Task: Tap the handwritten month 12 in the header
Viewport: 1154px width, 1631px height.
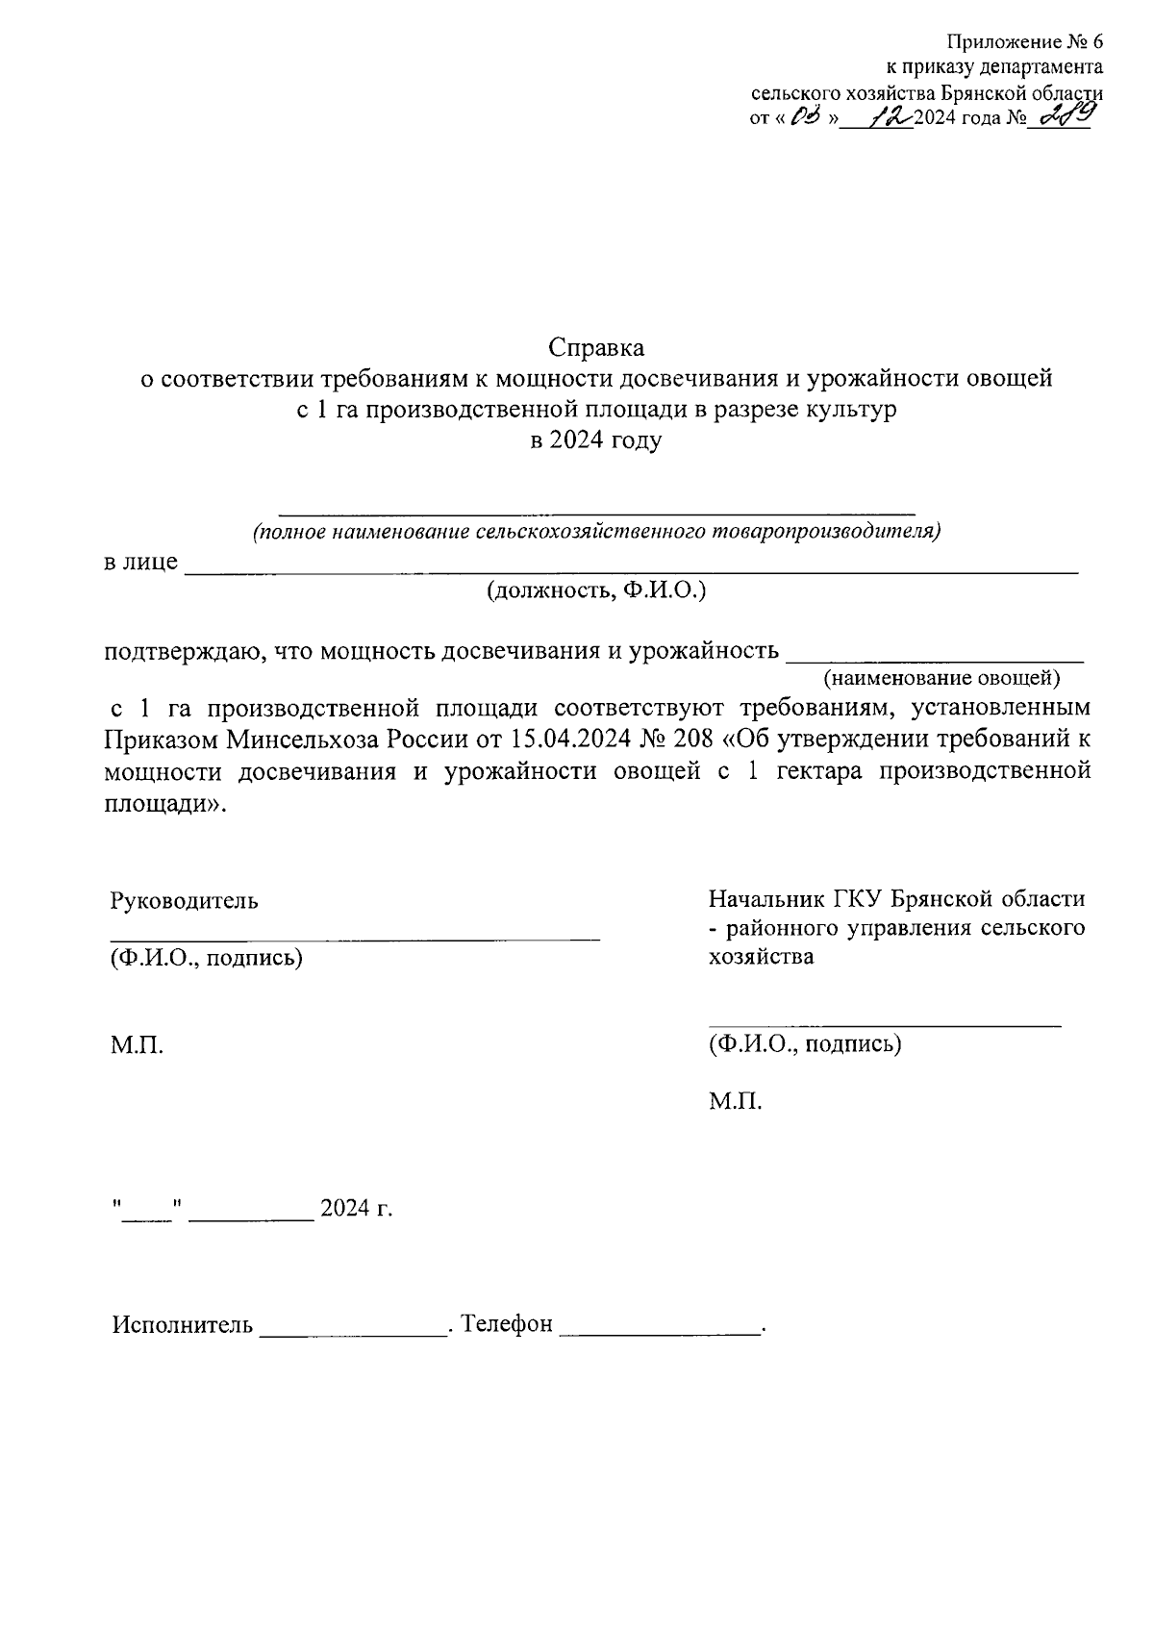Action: point(890,118)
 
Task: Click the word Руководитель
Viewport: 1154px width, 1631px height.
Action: point(184,901)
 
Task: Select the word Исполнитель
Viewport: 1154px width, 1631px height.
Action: point(183,1325)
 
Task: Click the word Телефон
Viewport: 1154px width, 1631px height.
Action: point(507,1325)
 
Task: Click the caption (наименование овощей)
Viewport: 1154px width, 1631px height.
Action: point(941,679)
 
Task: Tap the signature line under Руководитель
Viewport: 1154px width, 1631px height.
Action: point(354,935)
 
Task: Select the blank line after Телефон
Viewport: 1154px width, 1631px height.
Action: point(659,1331)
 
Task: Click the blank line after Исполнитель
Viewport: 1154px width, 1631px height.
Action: point(354,1331)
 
